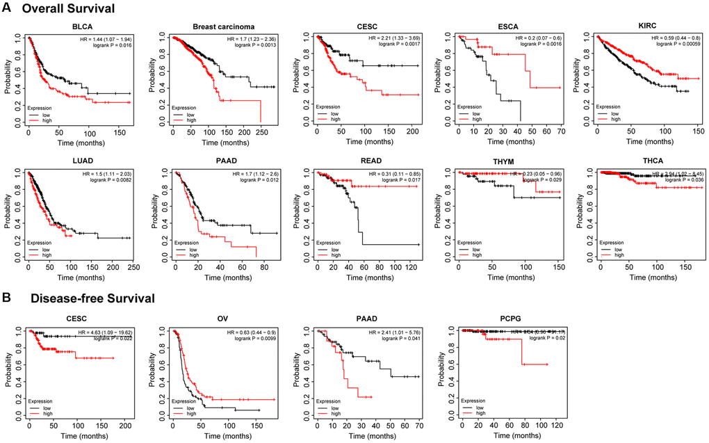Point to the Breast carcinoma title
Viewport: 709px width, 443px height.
(213, 27)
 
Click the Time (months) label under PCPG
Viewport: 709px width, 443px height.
(500, 437)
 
